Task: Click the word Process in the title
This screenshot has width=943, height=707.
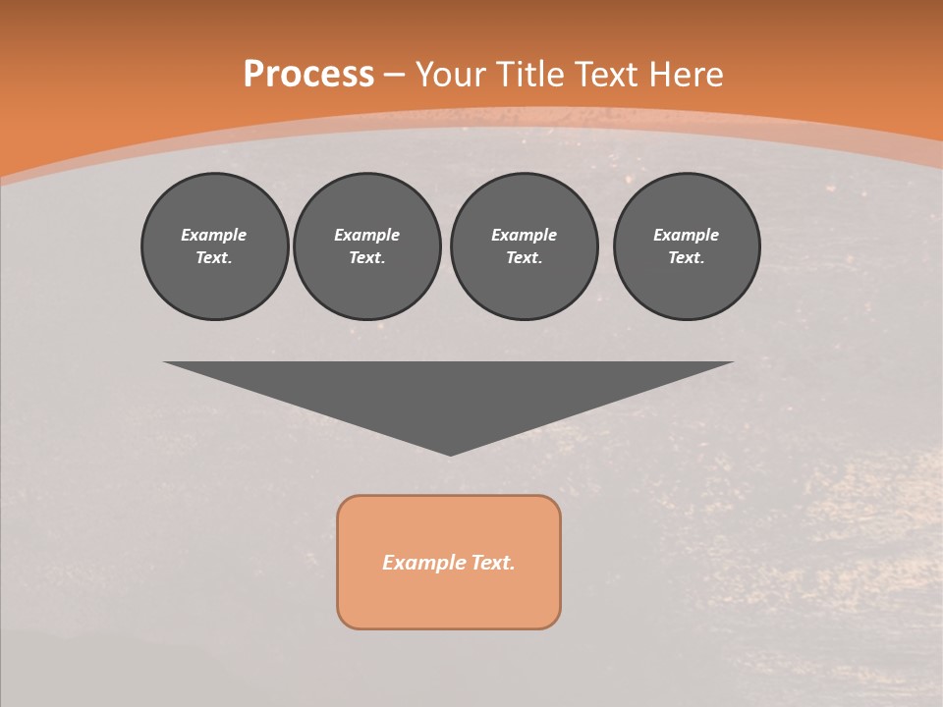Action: [308, 75]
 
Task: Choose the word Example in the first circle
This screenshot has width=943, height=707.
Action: [214, 235]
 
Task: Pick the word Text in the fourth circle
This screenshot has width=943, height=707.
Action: [686, 257]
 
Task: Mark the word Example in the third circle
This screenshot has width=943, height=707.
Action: [524, 235]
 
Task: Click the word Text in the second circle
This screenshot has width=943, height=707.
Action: [366, 257]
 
